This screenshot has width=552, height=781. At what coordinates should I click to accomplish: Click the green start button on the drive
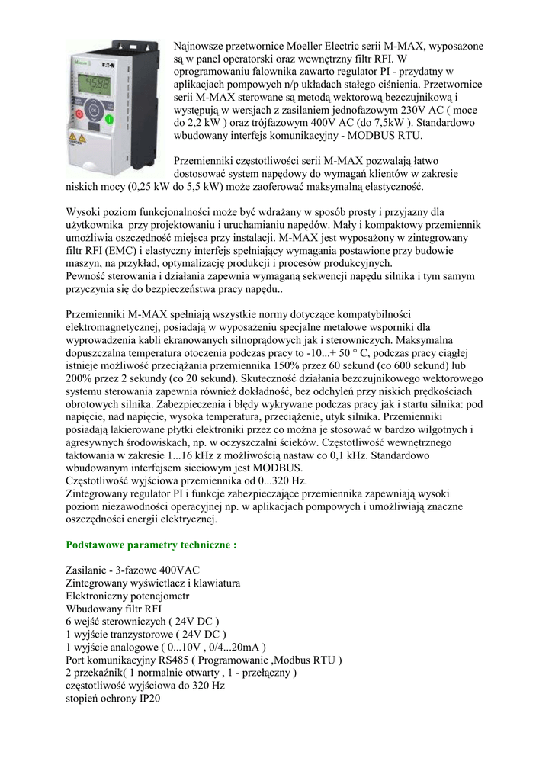point(108,120)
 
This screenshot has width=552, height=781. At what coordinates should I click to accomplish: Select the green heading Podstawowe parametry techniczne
point(152,545)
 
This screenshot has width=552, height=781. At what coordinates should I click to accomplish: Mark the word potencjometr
point(156,595)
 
